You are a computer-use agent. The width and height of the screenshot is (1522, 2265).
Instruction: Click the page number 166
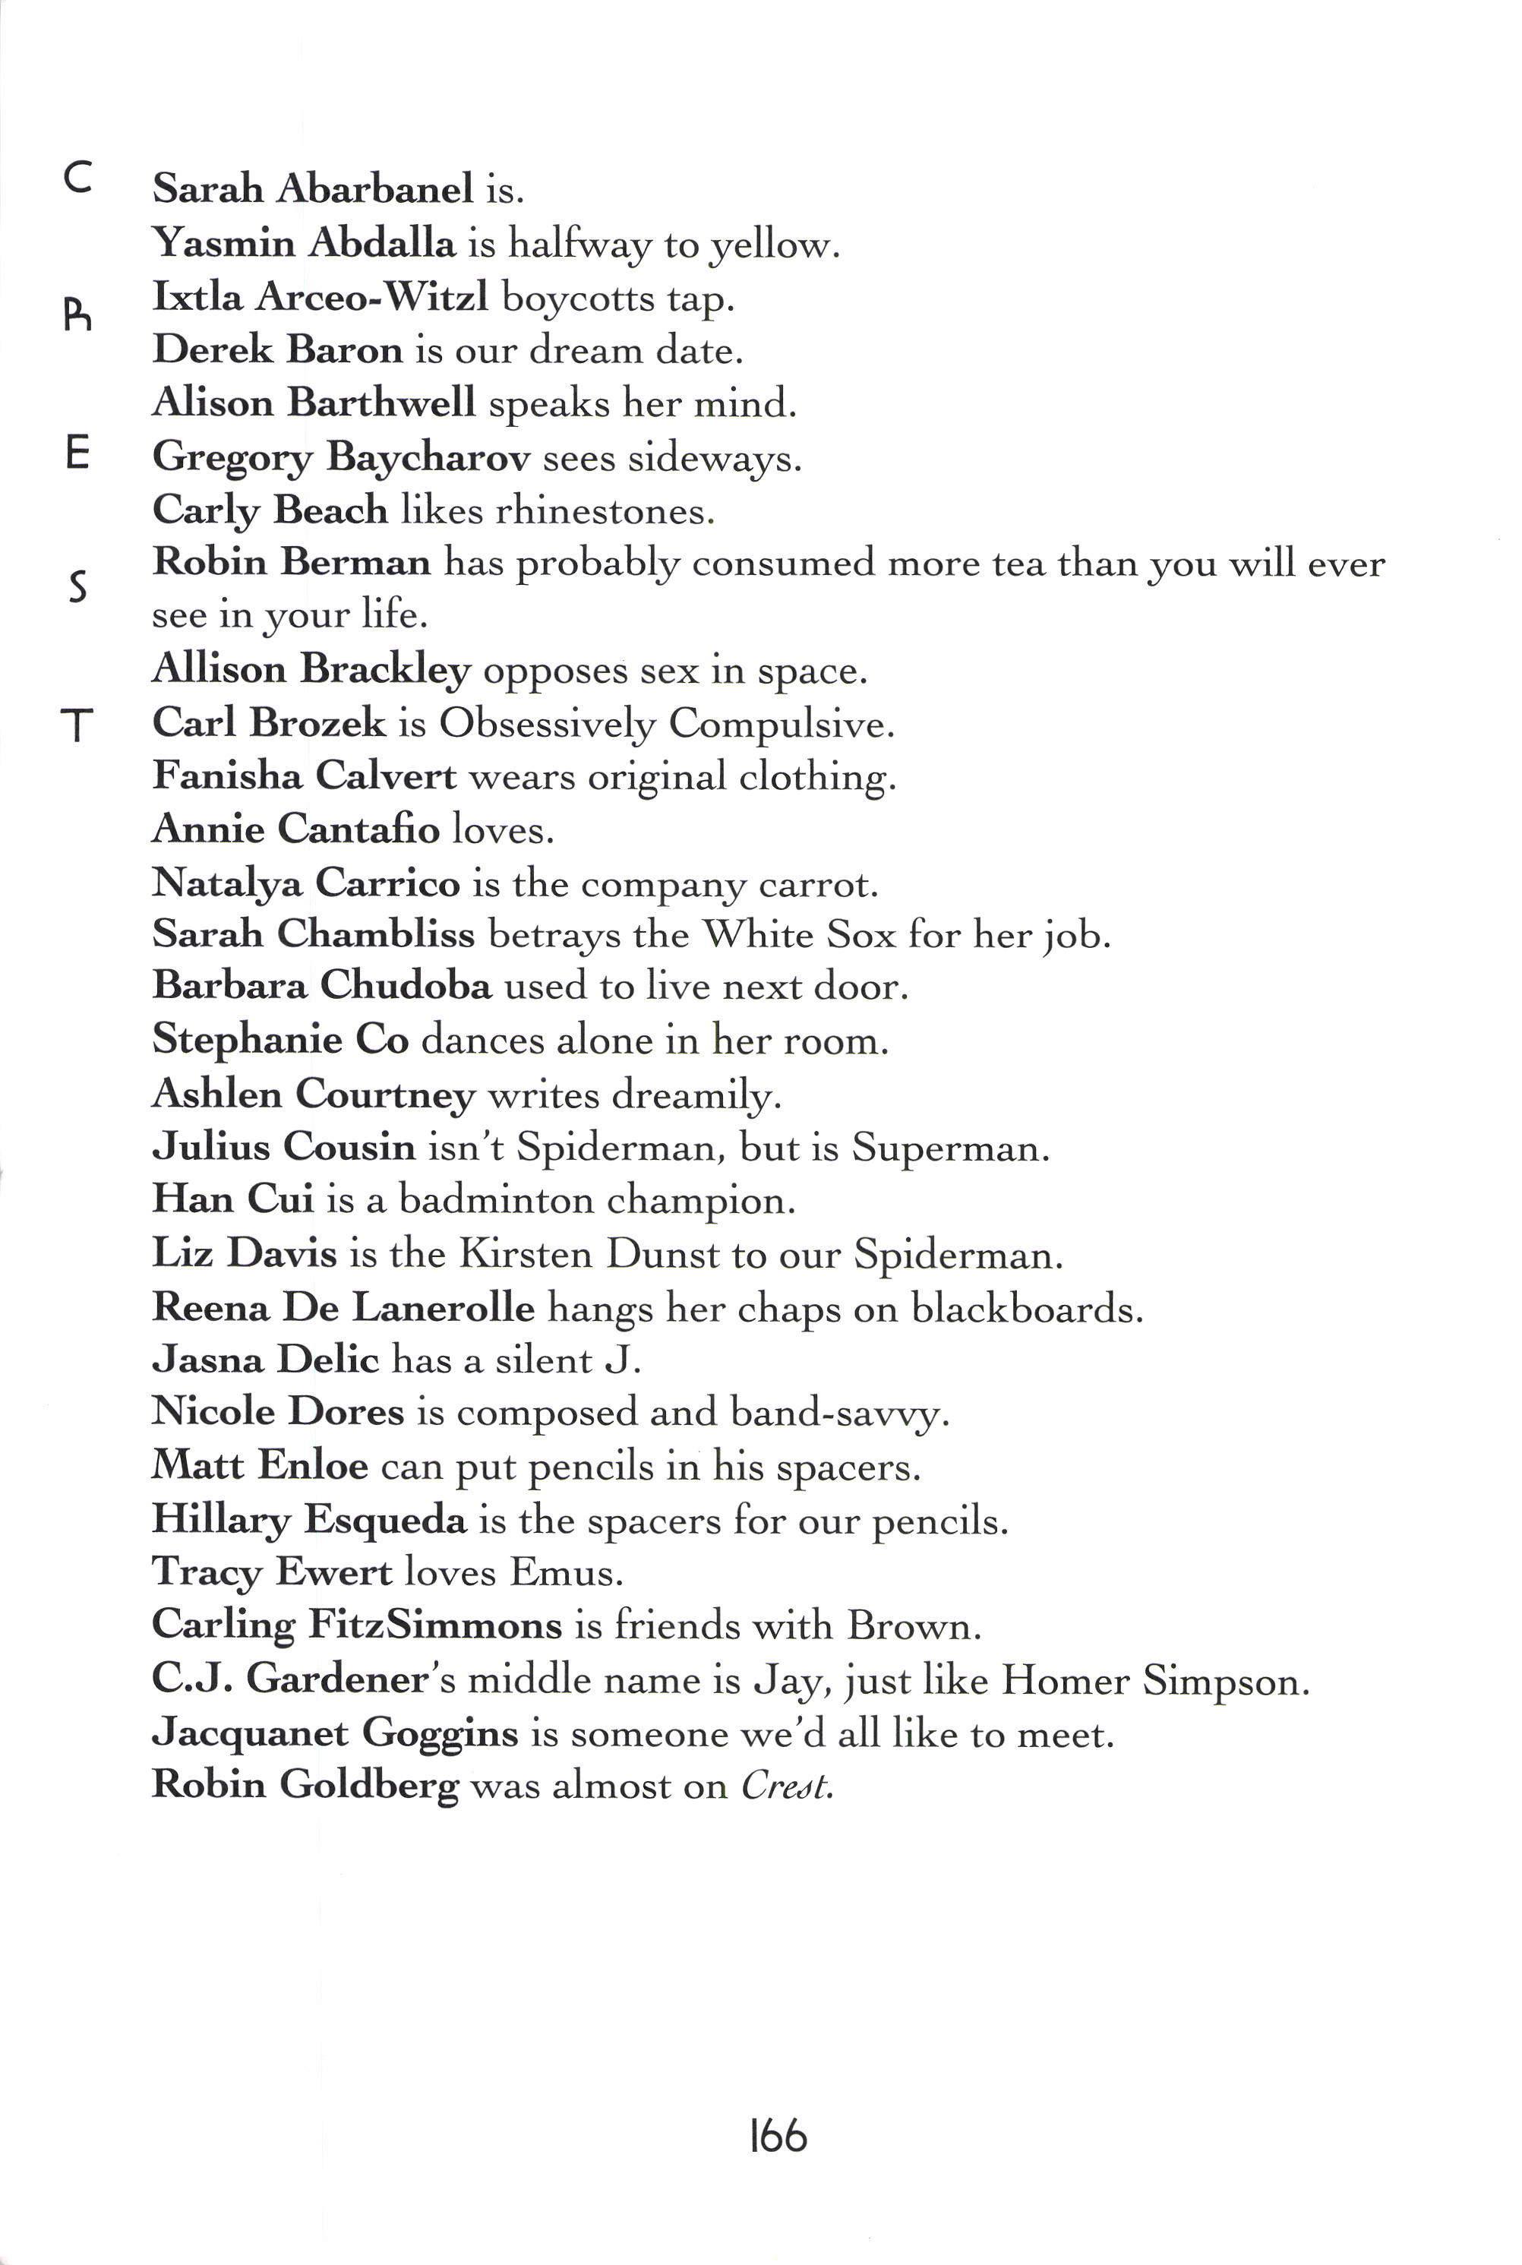point(778,2136)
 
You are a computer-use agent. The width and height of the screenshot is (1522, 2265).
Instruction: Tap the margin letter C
point(77,178)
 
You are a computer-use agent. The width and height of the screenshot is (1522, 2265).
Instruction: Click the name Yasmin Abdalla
point(304,243)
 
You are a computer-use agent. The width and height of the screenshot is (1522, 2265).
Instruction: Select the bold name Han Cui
point(233,1199)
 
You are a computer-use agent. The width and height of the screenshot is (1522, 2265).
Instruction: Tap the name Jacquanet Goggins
point(335,1733)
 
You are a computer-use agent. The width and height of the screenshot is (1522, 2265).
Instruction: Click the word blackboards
point(1026,1309)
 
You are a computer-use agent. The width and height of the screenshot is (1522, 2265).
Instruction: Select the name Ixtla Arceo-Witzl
point(321,296)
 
